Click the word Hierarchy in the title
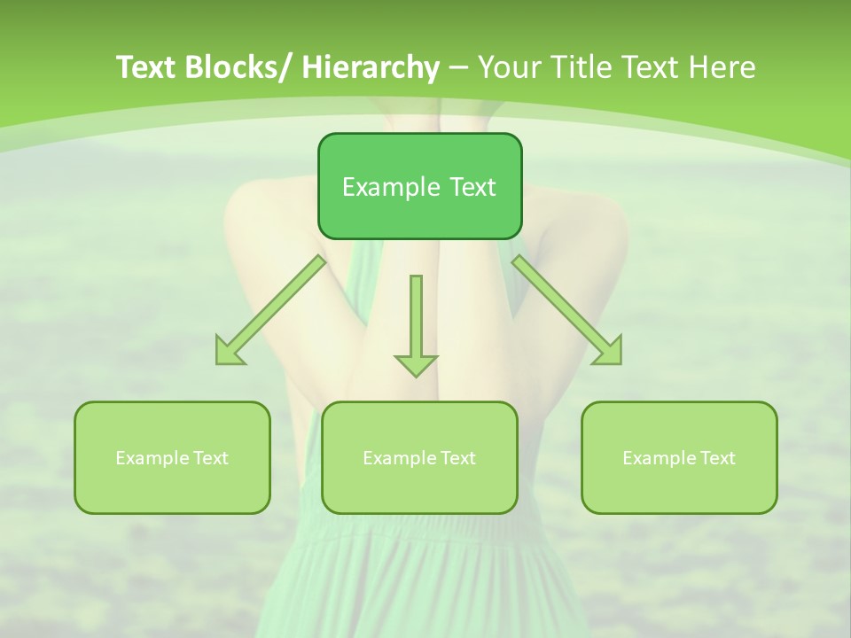pos(371,67)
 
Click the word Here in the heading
pos(722,67)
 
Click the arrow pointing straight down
pos(416,323)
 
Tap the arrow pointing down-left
pos(270,311)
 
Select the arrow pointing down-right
pos(566,310)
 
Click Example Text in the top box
pos(419,187)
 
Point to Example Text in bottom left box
pos(172,458)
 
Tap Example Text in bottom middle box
pos(419,458)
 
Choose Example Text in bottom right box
pos(679,458)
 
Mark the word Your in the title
pos(509,67)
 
